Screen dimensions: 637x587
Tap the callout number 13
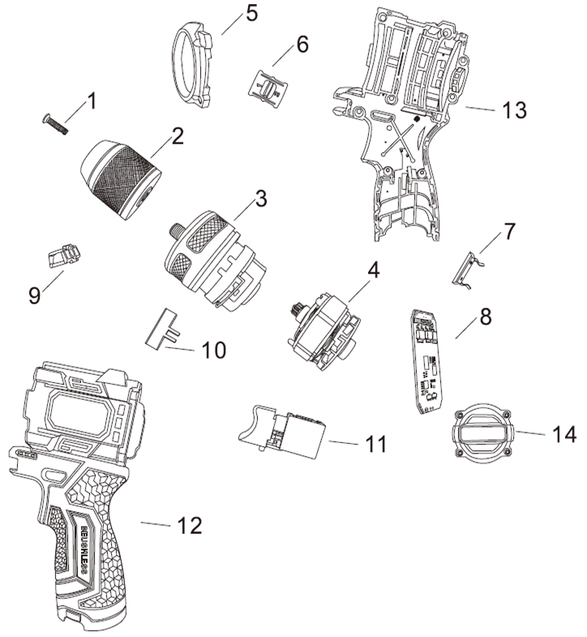[513, 109]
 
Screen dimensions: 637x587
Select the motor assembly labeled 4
[322, 329]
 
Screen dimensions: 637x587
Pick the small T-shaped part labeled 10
[164, 331]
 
